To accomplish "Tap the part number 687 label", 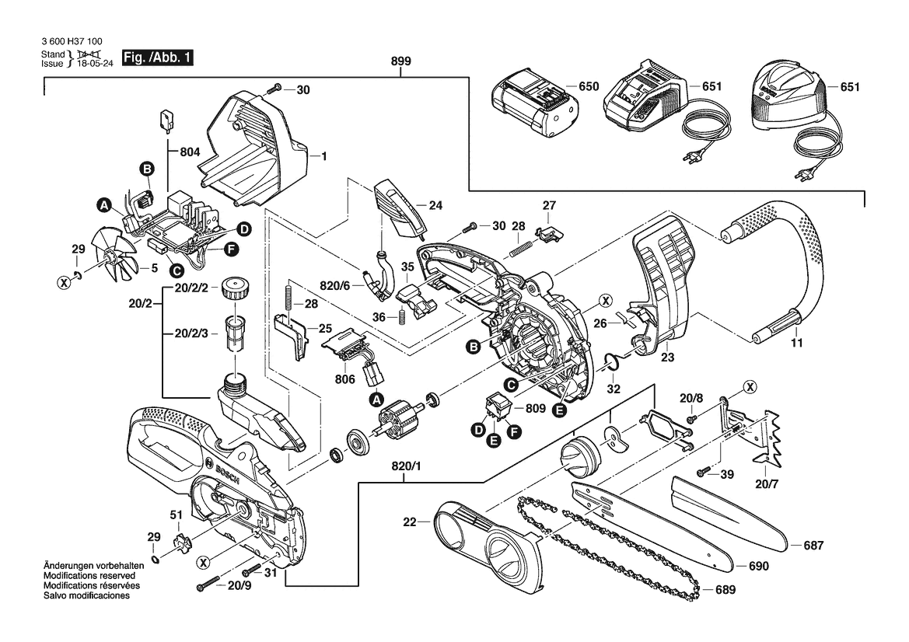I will [x=813, y=546].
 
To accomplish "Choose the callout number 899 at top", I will [x=402, y=61].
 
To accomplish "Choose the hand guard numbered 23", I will [x=661, y=288].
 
